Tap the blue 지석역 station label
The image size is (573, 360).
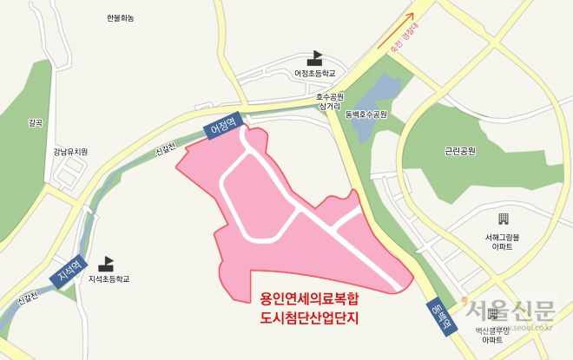pyautogui.click(x=69, y=274)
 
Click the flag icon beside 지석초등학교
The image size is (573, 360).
pyautogui.click(x=109, y=263)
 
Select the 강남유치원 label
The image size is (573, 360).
pyautogui.click(x=70, y=151)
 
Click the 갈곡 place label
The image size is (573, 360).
pyautogui.click(x=35, y=122)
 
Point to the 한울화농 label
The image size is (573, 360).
pyautogui.click(x=121, y=18)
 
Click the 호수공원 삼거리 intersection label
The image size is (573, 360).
pyautogui.click(x=330, y=101)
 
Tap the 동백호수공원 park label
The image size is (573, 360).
pyautogui.click(x=365, y=114)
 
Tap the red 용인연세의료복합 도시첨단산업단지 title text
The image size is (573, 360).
pyautogui.click(x=309, y=308)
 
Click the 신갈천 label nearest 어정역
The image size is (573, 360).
pyautogui.click(x=166, y=150)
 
